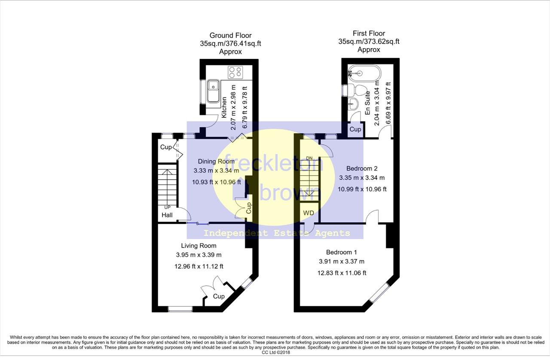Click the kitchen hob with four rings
tap(235, 73)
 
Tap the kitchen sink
tap(214, 91)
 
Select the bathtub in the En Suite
tap(364, 73)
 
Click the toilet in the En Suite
tap(357, 90)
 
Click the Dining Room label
tap(216, 162)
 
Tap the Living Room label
tap(199, 246)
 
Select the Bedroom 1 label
tap(341, 252)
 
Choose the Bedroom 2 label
tap(362, 168)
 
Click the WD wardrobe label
tap(309, 213)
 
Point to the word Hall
tap(167, 215)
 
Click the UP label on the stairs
tap(167, 207)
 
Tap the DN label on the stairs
tap(309, 158)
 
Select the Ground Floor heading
tap(230, 35)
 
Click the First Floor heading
tap(369, 33)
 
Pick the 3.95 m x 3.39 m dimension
tap(199, 255)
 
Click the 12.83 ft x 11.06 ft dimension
tap(342, 273)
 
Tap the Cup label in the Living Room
tap(219, 296)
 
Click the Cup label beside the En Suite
tap(355, 129)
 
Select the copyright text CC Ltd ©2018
tap(276, 352)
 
